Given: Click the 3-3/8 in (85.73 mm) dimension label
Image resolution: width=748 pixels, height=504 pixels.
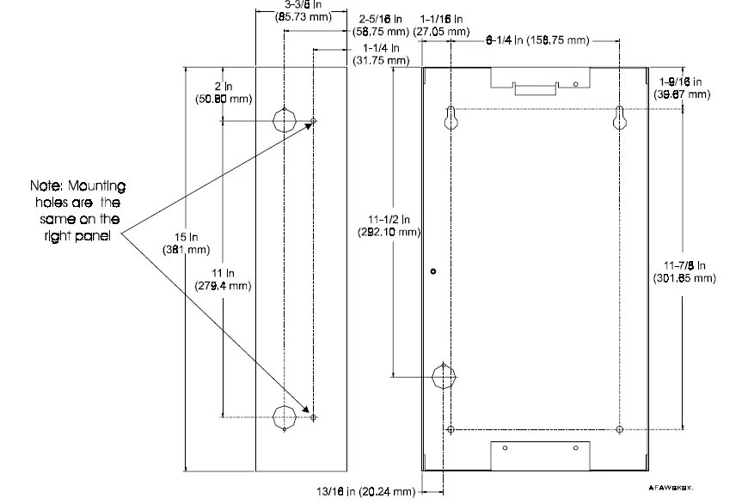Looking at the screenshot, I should coord(299,10).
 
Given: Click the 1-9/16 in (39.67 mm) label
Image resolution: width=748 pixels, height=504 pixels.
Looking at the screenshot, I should coord(682,87).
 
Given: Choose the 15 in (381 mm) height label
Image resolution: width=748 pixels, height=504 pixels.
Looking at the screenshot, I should coord(185,243).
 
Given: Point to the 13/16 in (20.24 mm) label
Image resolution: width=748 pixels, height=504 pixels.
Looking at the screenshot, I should coord(365,491).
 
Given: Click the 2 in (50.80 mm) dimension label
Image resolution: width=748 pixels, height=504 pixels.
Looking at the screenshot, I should coord(223,92).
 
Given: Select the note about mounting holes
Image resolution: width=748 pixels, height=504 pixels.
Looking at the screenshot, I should coord(78,209).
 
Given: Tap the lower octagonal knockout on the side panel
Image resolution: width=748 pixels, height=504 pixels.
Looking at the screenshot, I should coord(284,417).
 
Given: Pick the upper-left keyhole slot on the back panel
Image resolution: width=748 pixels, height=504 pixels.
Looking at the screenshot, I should coord(451,120).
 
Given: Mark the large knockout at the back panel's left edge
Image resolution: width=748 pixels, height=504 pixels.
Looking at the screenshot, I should coord(443,377).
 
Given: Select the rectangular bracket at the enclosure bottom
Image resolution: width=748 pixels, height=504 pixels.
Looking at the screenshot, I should coord(540,455).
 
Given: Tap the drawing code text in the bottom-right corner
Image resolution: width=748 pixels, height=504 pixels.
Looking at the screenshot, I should coord(671,485).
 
